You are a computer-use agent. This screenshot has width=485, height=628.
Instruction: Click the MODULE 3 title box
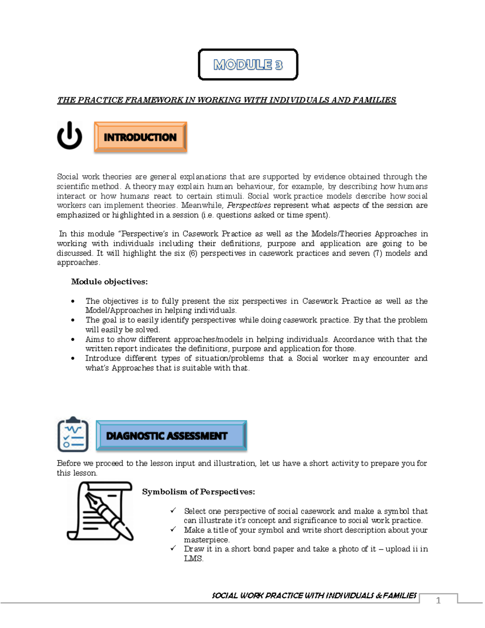click(x=248, y=65)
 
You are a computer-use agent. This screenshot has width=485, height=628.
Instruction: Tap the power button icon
click(x=70, y=136)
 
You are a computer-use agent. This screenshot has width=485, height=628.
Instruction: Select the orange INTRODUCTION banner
click(x=140, y=137)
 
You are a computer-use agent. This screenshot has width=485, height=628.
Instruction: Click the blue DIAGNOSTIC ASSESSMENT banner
click(x=171, y=436)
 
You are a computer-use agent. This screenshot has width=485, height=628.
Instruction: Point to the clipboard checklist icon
click(x=73, y=435)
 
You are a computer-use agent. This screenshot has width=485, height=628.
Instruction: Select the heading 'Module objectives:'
click(x=109, y=282)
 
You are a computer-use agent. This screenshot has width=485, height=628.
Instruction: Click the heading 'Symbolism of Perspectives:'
click(x=198, y=492)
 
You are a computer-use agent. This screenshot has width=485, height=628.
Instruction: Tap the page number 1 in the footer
click(x=438, y=601)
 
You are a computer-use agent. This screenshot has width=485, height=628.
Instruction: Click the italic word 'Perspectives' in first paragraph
click(x=249, y=205)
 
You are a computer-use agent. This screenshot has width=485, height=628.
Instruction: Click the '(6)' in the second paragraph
click(x=193, y=253)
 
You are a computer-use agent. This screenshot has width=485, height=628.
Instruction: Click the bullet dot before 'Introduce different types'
click(x=73, y=358)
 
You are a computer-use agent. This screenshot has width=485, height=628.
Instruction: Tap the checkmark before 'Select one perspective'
click(x=173, y=511)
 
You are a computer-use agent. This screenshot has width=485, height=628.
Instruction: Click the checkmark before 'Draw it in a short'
click(x=173, y=549)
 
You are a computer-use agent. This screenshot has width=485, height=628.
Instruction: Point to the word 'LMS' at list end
click(x=193, y=558)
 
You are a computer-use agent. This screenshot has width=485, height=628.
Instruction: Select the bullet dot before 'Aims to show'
click(x=73, y=339)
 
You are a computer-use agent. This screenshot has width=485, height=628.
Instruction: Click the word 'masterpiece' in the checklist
click(x=206, y=539)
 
